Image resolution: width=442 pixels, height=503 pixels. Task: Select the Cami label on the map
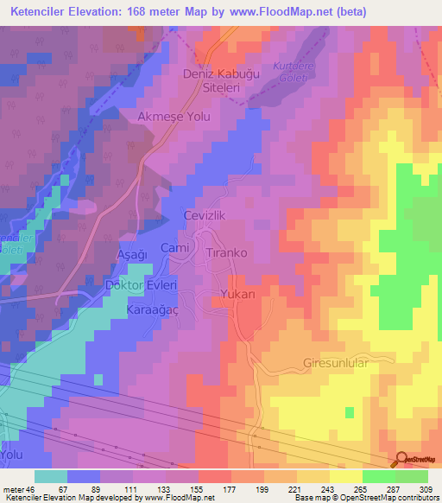click(175, 248)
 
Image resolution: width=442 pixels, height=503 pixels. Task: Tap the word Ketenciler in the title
click(39, 12)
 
